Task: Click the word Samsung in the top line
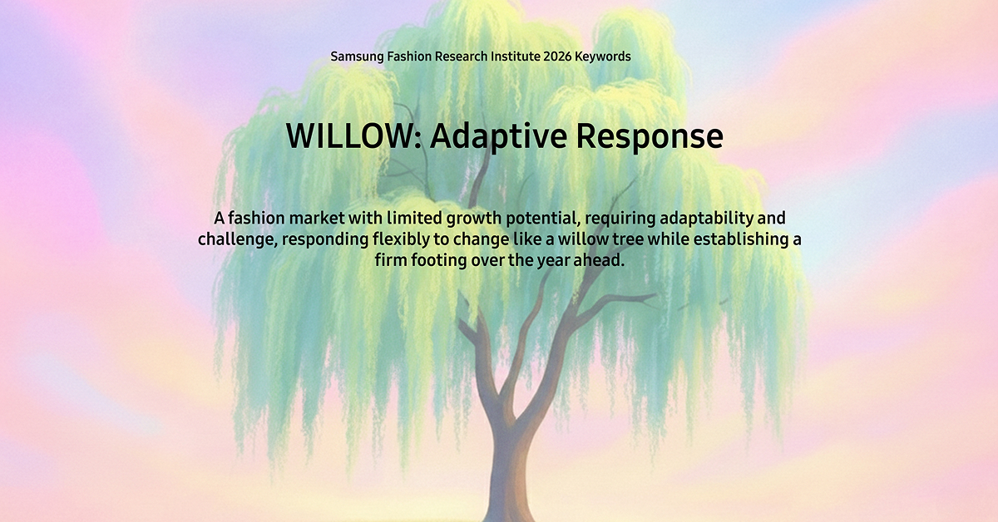click(357, 57)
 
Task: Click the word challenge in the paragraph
click(236, 240)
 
